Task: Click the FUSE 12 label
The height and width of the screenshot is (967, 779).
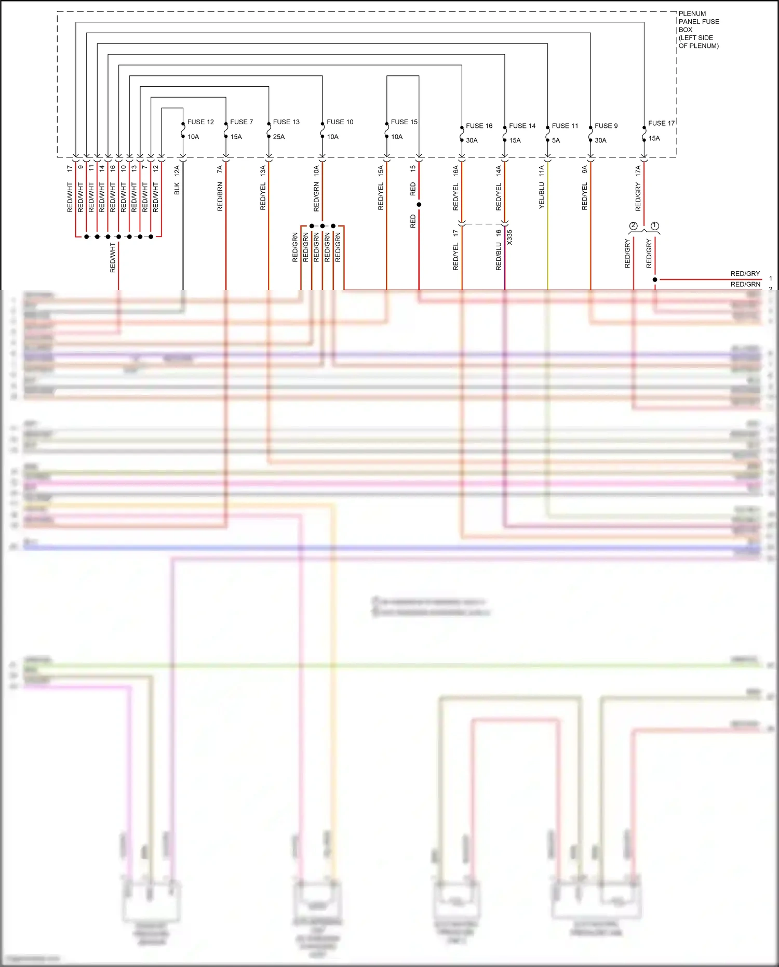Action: click(200, 122)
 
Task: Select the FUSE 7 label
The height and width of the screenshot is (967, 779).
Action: click(241, 122)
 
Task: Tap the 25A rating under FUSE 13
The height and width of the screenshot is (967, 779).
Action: click(279, 137)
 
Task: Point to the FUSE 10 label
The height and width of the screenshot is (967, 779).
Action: click(340, 122)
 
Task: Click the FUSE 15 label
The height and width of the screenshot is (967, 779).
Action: click(404, 122)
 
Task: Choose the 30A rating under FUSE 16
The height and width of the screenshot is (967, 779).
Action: click(472, 140)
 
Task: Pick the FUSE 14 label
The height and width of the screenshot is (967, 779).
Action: click(522, 126)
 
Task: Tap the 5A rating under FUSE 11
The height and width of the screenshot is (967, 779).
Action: click(556, 140)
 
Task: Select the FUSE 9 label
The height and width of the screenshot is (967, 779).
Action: click(606, 126)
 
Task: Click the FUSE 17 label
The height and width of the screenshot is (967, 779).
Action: click(661, 123)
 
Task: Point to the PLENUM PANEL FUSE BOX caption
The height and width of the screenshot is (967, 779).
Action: click(699, 30)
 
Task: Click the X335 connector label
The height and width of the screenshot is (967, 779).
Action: click(509, 237)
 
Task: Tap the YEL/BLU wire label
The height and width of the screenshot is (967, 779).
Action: click(542, 195)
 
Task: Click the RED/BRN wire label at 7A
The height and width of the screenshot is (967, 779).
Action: click(220, 196)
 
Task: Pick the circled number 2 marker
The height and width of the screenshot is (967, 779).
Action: click(633, 226)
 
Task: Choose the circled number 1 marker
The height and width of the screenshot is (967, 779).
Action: click(655, 226)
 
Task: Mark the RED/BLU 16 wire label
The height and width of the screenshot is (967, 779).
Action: click(499, 250)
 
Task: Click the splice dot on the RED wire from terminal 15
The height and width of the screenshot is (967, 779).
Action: click(419, 205)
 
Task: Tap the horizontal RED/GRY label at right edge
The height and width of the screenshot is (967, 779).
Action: click(745, 274)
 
